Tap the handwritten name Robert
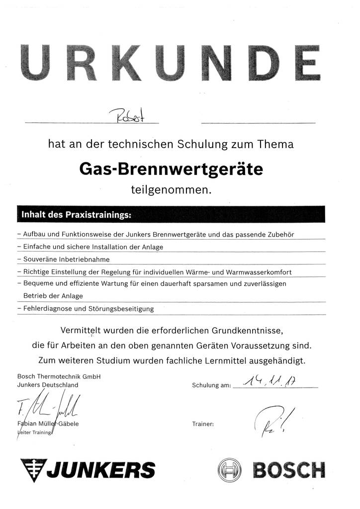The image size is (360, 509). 126,116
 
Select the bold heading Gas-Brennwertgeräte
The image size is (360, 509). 171,170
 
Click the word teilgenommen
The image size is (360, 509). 171,189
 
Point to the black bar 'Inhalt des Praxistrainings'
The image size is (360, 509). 171,215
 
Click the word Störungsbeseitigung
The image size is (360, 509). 121,309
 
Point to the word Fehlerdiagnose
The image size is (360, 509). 43,309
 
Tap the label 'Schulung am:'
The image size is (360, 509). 211,386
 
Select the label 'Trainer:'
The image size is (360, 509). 202,424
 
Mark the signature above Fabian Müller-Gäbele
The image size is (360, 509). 47,407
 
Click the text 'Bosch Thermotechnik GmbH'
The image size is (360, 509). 59,376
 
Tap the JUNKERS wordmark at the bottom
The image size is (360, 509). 88,469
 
